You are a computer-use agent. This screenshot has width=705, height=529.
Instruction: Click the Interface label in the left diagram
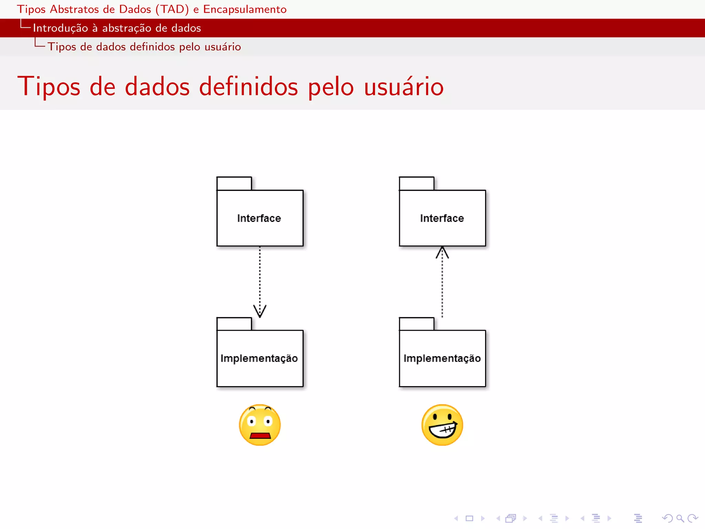click(x=259, y=218)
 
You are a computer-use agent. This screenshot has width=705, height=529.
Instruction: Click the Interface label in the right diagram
click(x=442, y=218)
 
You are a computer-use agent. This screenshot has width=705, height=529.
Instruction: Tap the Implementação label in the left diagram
click(x=259, y=359)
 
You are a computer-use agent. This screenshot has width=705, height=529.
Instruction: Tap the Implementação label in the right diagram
click(x=442, y=359)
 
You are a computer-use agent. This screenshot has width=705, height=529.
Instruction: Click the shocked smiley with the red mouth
click(x=260, y=425)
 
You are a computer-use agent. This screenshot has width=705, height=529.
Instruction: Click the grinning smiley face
click(x=442, y=425)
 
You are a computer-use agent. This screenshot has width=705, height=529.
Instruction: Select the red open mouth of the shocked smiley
click(x=260, y=436)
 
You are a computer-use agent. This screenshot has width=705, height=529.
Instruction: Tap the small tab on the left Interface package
click(x=234, y=184)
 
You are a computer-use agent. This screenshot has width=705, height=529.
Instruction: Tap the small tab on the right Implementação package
click(x=417, y=324)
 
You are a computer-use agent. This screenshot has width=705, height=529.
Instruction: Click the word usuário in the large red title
click(x=404, y=86)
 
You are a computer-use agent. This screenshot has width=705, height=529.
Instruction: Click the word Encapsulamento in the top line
click(x=245, y=9)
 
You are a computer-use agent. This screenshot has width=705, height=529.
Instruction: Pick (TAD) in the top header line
click(x=172, y=9)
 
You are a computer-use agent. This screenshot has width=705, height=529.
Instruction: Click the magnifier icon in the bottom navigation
click(x=680, y=518)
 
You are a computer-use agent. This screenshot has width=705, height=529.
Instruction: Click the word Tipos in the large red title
click(x=49, y=86)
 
